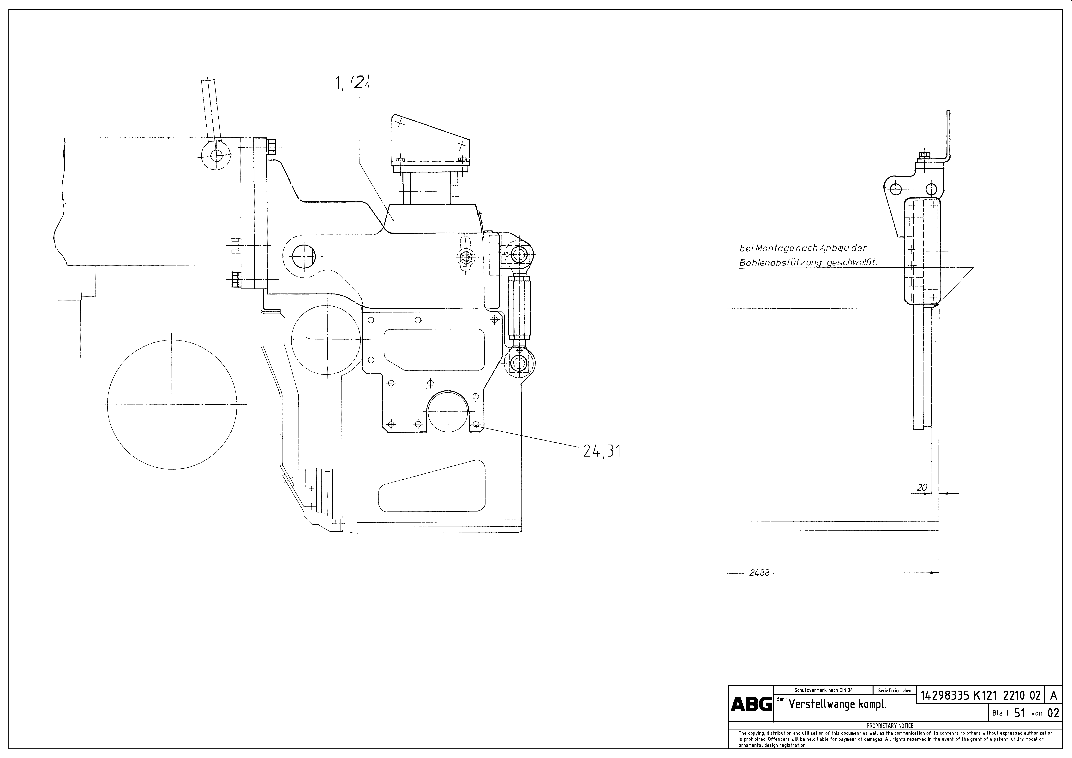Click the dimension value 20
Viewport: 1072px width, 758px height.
point(922,488)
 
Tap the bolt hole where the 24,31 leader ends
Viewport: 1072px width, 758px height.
point(476,424)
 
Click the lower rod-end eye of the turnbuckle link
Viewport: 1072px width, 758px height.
point(518,362)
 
